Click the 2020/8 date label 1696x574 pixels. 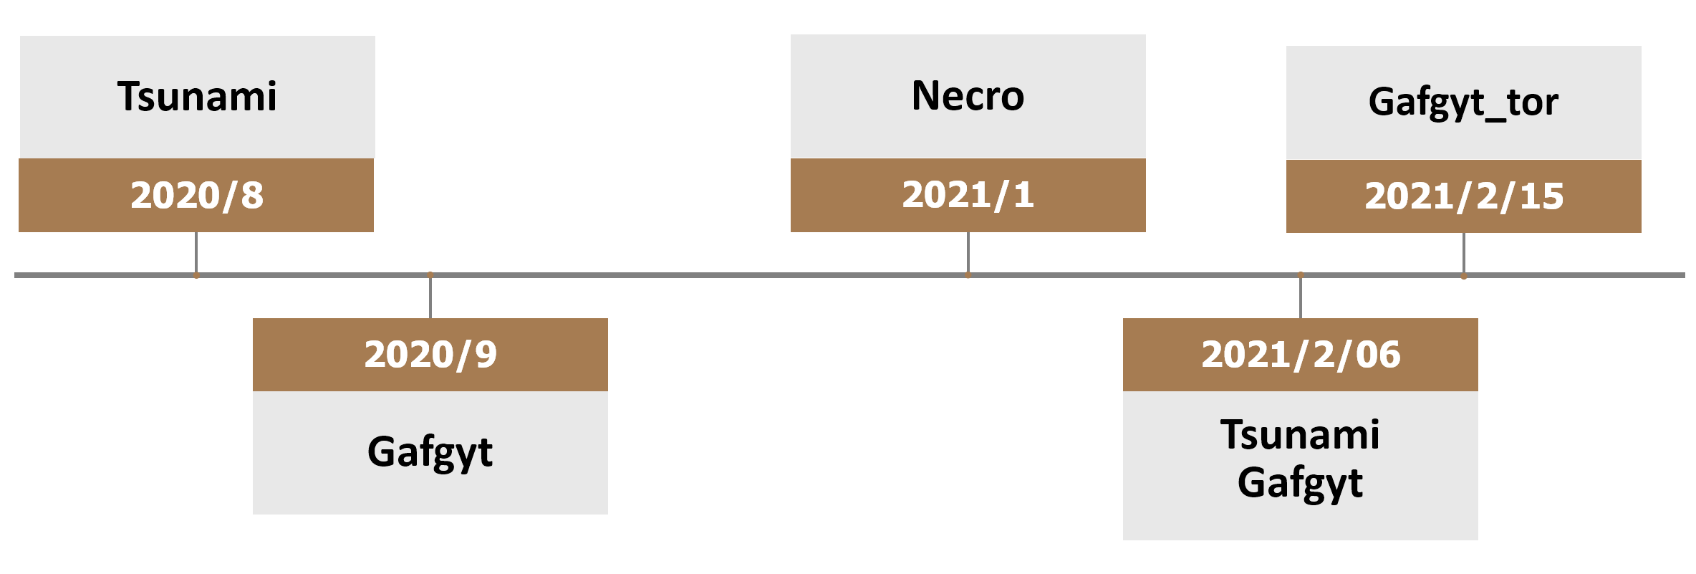point(197,196)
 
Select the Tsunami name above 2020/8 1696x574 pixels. point(197,97)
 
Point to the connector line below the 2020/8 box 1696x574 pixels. point(196,253)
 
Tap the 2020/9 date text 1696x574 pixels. point(430,355)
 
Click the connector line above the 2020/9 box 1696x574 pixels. point(430,297)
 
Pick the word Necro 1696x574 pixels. point(968,96)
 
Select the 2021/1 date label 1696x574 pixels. point(968,195)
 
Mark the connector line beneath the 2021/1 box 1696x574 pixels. point(968,253)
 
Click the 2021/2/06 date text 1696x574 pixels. point(1301,355)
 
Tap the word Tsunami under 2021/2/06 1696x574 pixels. point(1301,435)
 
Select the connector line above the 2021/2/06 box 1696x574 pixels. point(1301,297)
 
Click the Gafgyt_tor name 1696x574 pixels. point(1463,102)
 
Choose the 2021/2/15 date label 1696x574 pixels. point(1464,196)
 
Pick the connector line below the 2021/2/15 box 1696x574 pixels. point(1464,254)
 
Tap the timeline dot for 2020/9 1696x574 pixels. point(430,274)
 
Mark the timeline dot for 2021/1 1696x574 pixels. point(968,275)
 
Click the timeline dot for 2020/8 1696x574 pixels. point(196,275)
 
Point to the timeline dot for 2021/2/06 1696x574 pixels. point(1301,274)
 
